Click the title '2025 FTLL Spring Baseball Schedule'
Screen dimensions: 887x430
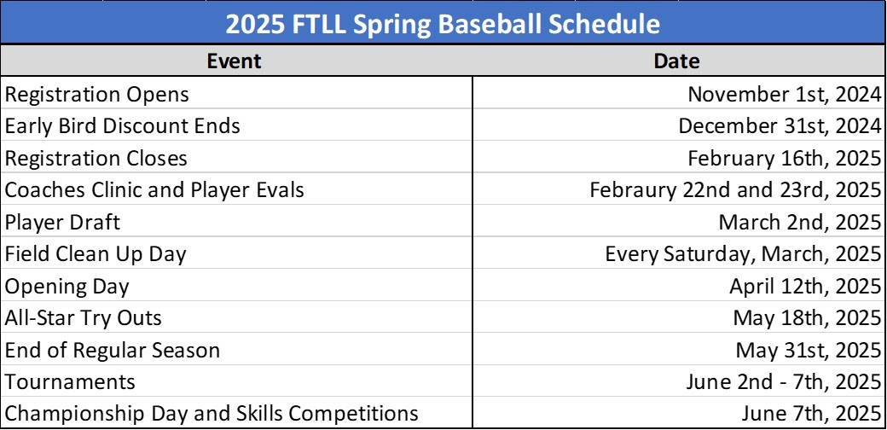(443, 25)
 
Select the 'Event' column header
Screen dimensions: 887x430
(234, 61)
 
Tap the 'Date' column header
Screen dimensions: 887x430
(676, 61)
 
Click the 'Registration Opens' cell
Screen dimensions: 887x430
(96, 95)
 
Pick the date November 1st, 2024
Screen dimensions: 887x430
(785, 95)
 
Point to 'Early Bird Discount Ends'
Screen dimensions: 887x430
(122, 126)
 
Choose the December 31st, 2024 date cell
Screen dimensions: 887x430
(780, 126)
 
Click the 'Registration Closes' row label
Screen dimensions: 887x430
(96, 159)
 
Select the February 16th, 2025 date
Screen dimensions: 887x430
(785, 159)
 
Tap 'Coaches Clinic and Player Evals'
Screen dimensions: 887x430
(154, 190)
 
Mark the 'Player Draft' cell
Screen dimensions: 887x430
(62, 223)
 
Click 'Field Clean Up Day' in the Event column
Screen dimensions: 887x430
(95, 254)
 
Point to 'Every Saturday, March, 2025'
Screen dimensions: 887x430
(744, 254)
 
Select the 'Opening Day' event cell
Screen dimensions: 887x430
(67, 287)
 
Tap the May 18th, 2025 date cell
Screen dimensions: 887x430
(808, 318)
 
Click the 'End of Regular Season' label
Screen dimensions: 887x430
(112, 350)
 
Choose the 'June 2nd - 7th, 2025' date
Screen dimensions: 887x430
(784, 382)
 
